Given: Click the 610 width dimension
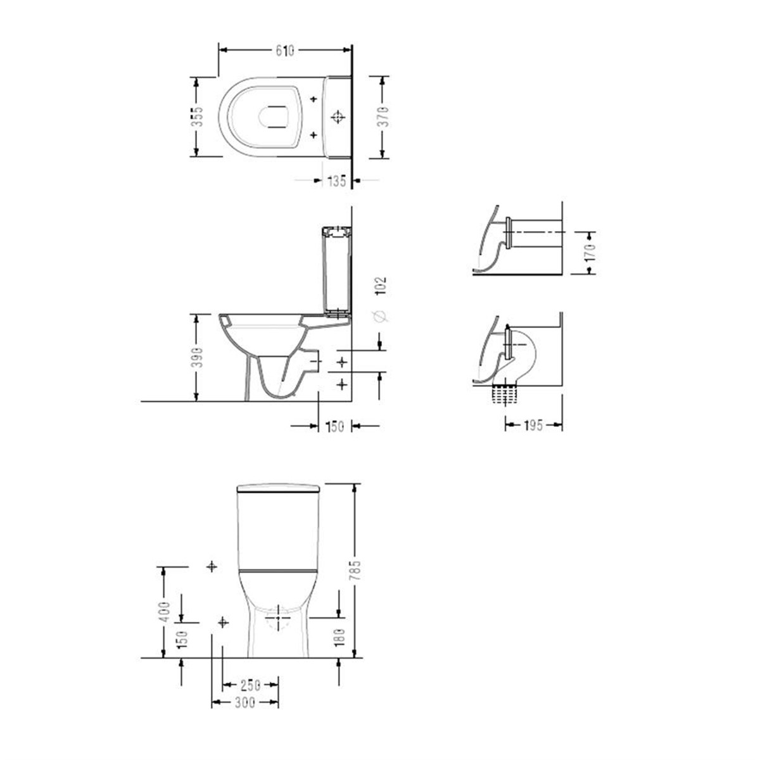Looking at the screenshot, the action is point(285,51).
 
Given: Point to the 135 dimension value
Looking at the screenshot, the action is point(336,180).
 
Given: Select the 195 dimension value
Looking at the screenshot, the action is point(534,426).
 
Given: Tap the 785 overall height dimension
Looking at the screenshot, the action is point(355,569).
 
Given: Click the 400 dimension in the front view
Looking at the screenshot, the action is point(165,612).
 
